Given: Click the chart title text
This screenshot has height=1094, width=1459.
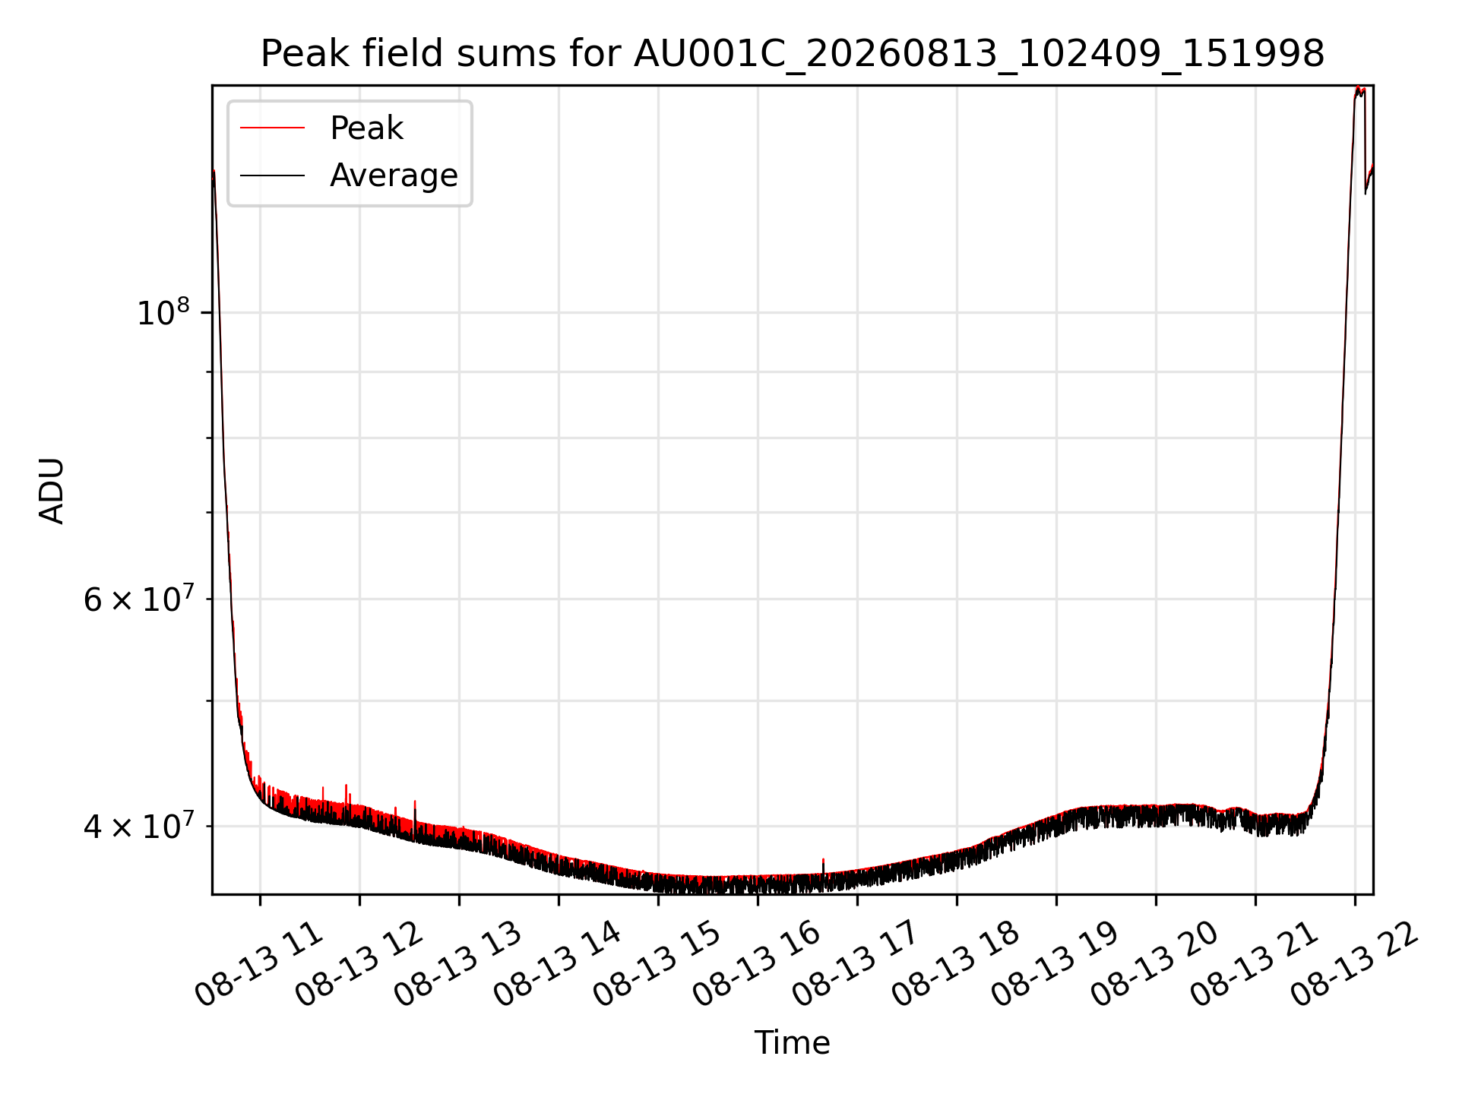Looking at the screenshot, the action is (793, 55).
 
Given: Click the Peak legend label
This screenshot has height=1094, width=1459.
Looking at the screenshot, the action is (366, 128).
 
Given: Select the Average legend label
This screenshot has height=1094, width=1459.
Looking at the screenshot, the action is (394, 175).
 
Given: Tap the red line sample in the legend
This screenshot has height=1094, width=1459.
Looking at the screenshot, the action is (273, 128).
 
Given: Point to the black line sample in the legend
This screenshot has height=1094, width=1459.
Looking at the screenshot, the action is (273, 175).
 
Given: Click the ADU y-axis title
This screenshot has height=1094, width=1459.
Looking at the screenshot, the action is (52, 491).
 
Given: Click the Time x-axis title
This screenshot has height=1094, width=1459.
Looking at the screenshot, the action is (792, 1043).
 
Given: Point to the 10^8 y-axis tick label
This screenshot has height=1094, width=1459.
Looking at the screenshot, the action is (163, 312).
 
